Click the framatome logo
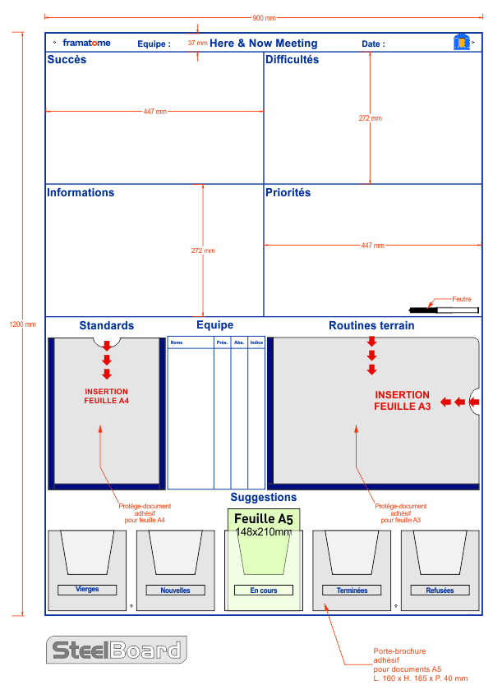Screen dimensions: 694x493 click(x=86, y=43)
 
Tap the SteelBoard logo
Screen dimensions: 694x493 click(x=116, y=650)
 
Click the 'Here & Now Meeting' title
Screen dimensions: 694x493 click(x=263, y=44)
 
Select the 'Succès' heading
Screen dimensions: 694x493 click(x=67, y=60)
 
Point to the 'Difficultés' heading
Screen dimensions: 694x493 click(x=292, y=60)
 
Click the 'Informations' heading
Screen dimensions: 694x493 click(x=81, y=193)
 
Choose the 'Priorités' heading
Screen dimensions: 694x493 click(x=288, y=193)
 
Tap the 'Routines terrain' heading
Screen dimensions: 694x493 click(x=371, y=326)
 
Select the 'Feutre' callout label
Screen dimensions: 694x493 click(x=462, y=300)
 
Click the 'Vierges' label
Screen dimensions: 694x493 click(x=87, y=590)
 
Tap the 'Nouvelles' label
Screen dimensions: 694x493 click(x=175, y=591)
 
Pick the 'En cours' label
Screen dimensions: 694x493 click(x=264, y=591)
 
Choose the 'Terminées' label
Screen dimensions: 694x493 click(x=352, y=591)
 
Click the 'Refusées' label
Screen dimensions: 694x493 click(x=440, y=591)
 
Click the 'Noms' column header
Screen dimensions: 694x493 click(x=177, y=342)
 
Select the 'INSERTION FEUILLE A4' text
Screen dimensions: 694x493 click(x=106, y=396)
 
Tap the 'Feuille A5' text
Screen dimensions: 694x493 click(x=263, y=519)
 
